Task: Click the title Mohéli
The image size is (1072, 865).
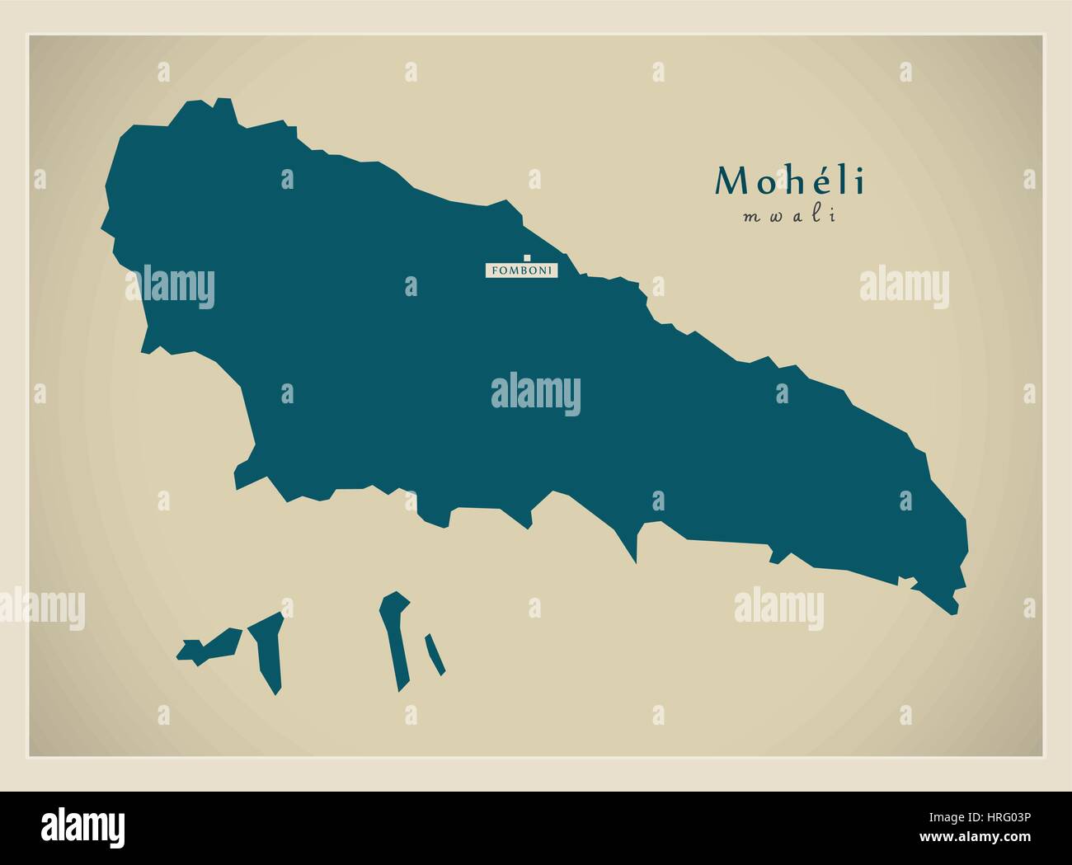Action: [x=790, y=181]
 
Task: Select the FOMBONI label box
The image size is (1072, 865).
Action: [x=522, y=270]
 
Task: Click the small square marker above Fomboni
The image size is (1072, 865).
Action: [x=527, y=257]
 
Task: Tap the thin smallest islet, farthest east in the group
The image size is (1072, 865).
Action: [x=435, y=654]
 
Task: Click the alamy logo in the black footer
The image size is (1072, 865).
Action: [x=83, y=828]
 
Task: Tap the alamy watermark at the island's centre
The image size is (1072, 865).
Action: [x=536, y=395]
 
